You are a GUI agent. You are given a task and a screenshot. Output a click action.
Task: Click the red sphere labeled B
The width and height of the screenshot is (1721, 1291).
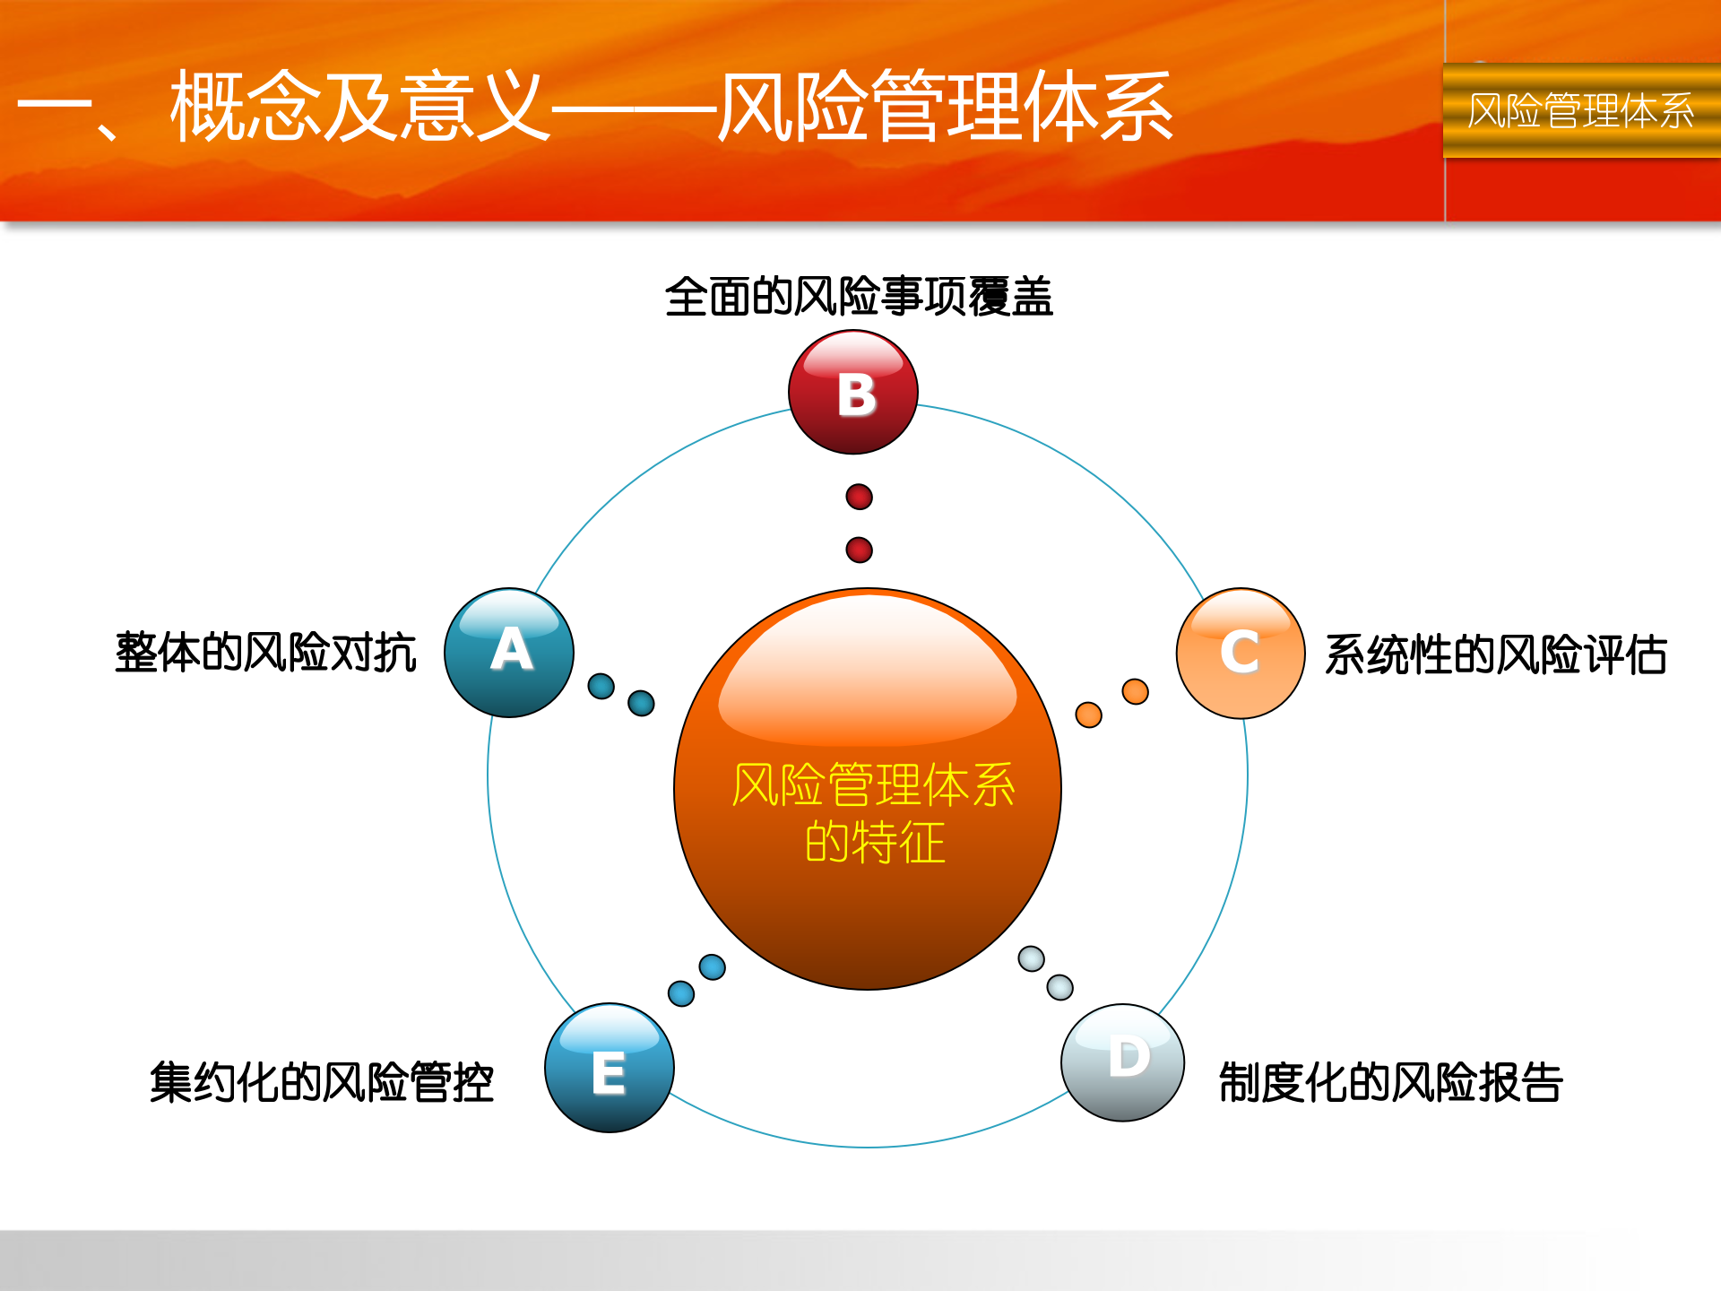[853, 393]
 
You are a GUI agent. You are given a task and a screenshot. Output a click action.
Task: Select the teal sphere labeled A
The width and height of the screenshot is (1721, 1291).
[509, 653]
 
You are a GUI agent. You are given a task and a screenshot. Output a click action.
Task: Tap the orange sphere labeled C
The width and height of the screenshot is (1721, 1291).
[1241, 653]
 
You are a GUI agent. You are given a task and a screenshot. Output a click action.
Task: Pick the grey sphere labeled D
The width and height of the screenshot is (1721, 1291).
[1122, 1062]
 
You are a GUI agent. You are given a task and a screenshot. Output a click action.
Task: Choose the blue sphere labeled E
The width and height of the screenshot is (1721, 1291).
[610, 1068]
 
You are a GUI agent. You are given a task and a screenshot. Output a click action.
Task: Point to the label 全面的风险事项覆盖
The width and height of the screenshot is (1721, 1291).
[859, 297]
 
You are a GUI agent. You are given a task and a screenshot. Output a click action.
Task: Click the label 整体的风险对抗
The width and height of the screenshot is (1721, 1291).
[266, 652]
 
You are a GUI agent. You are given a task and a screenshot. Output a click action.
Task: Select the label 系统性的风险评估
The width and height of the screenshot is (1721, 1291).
[1495, 654]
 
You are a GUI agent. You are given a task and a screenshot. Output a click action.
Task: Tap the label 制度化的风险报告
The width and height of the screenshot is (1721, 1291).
[1390, 1082]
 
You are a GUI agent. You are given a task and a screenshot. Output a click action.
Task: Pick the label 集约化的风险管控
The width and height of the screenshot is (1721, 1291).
[322, 1082]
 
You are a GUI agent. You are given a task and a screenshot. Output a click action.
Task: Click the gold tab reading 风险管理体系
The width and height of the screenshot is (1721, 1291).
[1581, 111]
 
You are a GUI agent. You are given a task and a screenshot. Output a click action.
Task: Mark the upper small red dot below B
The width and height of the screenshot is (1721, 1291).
[859, 497]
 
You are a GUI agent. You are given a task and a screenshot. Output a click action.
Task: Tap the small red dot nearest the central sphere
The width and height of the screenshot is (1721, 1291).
[859, 550]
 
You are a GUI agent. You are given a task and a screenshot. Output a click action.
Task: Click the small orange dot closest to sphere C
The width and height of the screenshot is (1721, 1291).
[1135, 691]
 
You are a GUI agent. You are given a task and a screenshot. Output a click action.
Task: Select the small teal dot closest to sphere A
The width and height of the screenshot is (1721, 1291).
[601, 686]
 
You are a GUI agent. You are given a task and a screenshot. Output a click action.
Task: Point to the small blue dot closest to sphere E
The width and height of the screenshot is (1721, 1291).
[681, 993]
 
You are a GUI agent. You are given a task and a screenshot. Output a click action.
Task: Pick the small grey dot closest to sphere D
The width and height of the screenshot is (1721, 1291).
[1059, 987]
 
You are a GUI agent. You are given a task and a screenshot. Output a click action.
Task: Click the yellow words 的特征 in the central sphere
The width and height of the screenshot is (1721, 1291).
[875, 843]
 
